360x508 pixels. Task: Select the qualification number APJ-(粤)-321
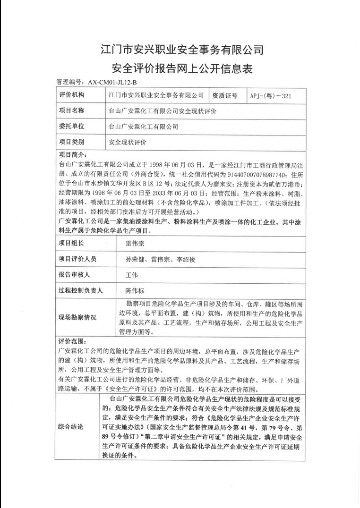[270, 95]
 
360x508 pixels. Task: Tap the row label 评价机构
[72, 95]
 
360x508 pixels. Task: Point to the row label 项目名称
[72, 111]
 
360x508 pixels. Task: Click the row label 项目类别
[72, 141]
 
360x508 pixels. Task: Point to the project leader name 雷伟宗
[136, 244]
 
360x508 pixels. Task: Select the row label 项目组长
[72, 244]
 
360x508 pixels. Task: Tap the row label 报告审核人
[75, 275]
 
